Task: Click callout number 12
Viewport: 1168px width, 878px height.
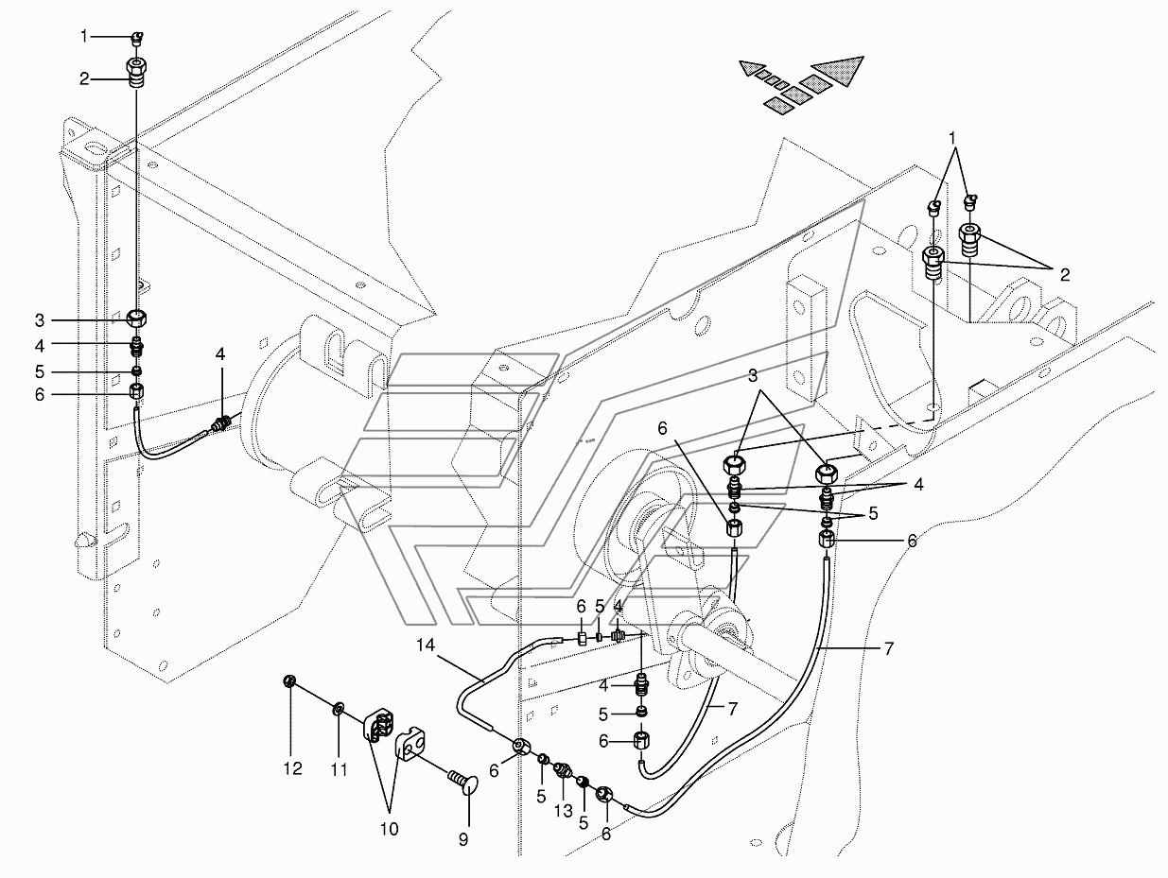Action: coord(292,770)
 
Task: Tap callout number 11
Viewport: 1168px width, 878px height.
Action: coord(339,770)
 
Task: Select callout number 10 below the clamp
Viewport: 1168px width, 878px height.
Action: coord(389,829)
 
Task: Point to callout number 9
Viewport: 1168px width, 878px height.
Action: coord(462,837)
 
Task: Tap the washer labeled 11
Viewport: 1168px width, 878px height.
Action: coord(339,708)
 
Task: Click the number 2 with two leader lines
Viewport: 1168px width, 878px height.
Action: coord(1064,275)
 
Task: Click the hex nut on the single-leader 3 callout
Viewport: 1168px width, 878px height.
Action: coord(135,318)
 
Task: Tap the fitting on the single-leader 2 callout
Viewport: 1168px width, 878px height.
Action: coord(135,72)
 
